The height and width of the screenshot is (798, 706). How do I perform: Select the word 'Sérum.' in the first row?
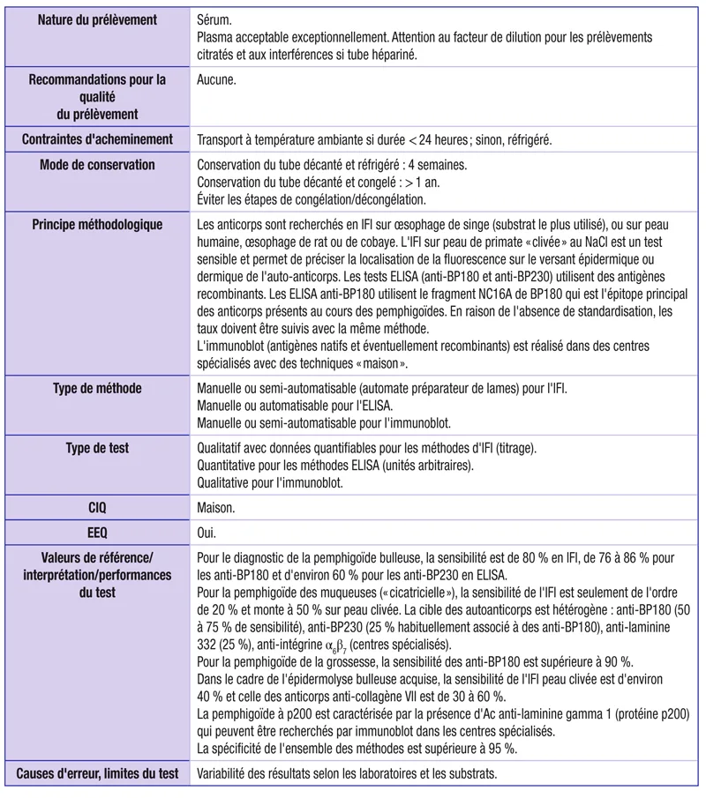click(217, 19)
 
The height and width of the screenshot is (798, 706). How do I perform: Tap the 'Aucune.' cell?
click(221, 79)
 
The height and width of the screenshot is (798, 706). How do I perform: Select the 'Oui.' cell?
click(209, 533)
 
